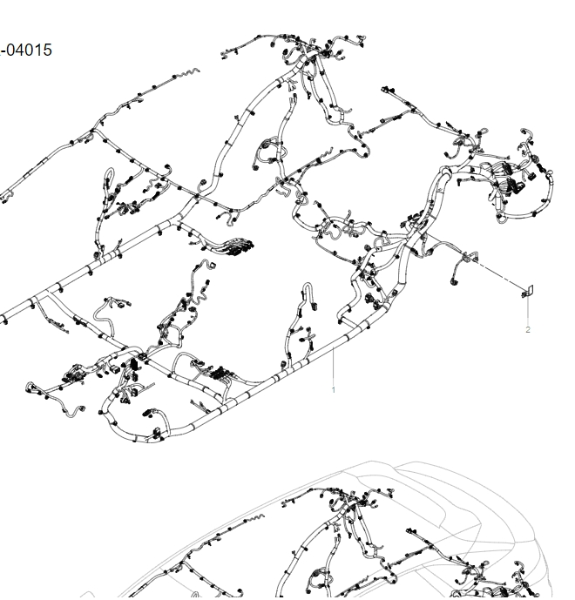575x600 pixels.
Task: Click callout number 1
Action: pyautogui.click(x=333, y=389)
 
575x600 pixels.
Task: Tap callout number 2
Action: pyautogui.click(x=528, y=329)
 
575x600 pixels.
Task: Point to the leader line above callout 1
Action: pyautogui.click(x=334, y=365)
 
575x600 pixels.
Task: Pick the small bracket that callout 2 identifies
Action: pyautogui.click(x=528, y=292)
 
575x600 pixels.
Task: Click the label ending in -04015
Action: pyautogui.click(x=25, y=51)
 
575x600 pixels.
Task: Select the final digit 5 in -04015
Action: pyautogui.click(x=47, y=51)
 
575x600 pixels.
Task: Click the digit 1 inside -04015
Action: pyautogui.click(x=38, y=51)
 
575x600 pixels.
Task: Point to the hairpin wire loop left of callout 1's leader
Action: pyautogui.click(x=308, y=292)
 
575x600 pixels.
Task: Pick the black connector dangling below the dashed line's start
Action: pyautogui.click(x=454, y=282)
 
